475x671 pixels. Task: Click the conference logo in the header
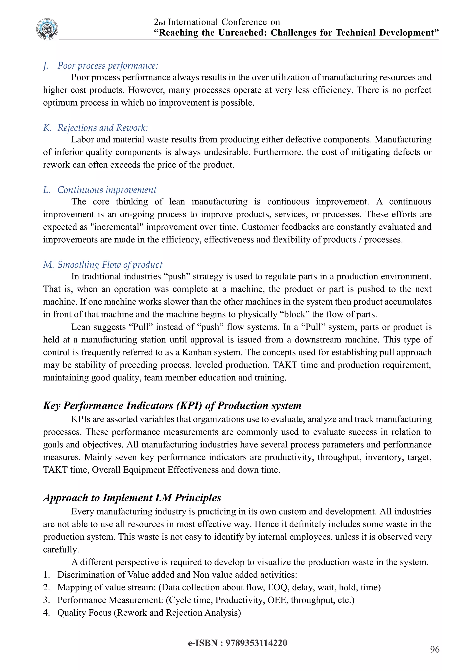click(47, 29)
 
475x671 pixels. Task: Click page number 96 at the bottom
click(435, 649)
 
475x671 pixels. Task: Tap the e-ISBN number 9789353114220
click(256, 643)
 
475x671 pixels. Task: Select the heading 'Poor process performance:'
click(108, 66)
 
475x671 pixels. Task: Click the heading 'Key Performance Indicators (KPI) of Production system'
click(172, 406)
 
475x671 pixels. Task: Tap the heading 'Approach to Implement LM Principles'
click(132, 498)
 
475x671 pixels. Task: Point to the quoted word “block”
click(294, 314)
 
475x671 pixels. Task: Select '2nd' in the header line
click(159, 22)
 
